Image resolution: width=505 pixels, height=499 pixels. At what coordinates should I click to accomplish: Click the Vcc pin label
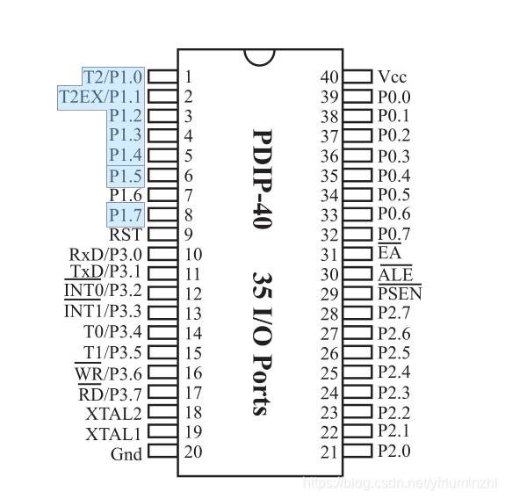coord(393,76)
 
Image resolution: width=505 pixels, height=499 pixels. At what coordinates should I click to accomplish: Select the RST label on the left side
coord(126,235)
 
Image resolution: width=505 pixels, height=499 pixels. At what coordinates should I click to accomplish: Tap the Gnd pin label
coord(126,454)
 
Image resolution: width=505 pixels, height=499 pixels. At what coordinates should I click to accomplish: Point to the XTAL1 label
coord(113,434)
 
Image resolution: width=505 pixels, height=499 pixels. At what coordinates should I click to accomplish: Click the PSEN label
coord(400,293)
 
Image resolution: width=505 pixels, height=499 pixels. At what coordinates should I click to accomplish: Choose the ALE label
coord(395,275)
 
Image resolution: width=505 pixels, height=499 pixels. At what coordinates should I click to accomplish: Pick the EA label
coord(390,252)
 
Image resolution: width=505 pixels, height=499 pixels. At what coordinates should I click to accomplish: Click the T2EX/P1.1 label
coord(100,97)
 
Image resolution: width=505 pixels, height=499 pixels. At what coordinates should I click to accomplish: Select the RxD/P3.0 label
coord(105,254)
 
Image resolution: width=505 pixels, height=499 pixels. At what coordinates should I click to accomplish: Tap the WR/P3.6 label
coord(108,373)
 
